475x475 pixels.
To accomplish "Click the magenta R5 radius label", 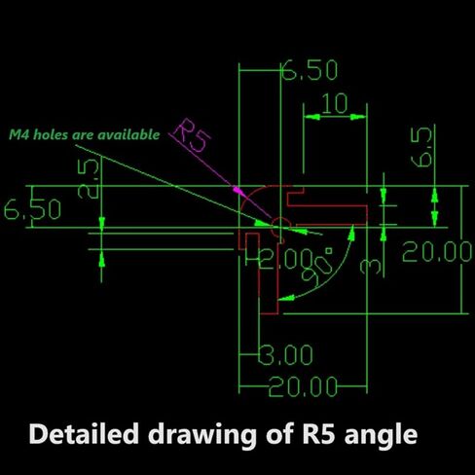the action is coord(192,136).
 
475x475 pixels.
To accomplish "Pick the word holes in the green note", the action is coord(52,134).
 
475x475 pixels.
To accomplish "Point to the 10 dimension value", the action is coord(335,103).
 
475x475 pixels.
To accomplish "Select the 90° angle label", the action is coord(317,267).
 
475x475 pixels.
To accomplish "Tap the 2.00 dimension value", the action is coord(286,259).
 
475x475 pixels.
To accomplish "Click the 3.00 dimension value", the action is coord(286,354).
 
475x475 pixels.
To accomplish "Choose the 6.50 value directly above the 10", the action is coord(310,69).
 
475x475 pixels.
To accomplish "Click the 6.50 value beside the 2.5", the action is coord(32,209).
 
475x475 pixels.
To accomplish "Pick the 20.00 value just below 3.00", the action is coord(303,386).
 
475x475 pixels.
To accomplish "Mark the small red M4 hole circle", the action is coord(281,225).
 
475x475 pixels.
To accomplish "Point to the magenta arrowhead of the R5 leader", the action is coord(238,190).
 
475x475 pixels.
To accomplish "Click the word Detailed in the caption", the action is coord(84,434).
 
